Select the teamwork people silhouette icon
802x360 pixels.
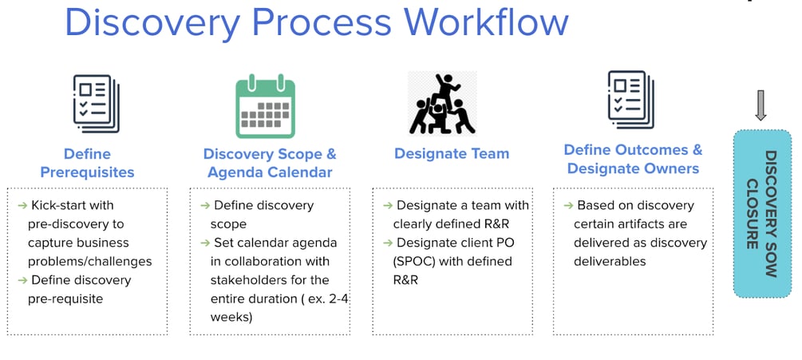pos(442,103)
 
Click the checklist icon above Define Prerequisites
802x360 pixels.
pos(96,103)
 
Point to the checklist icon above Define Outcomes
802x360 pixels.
pos(631,100)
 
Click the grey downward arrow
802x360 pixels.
pos(761,105)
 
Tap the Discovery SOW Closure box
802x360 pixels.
pos(762,214)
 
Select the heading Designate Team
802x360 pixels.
pos(452,154)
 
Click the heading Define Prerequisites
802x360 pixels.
pos(88,163)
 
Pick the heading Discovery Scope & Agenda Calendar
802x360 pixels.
pos(270,163)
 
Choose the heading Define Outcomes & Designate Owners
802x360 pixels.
pos(633,159)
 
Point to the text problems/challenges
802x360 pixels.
pos(90,262)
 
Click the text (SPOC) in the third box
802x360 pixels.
pos(412,262)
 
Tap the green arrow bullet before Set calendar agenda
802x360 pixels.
pos(205,243)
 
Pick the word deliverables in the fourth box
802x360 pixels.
pos(610,262)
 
